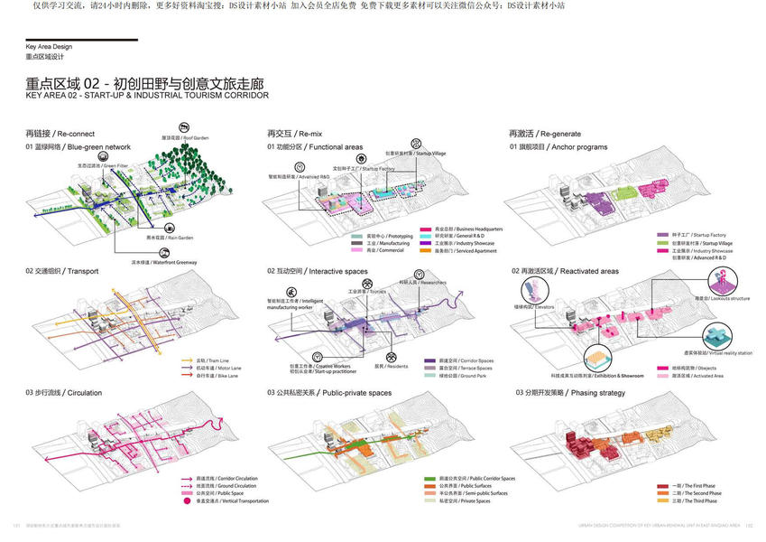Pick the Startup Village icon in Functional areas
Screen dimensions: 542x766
tap(415, 144)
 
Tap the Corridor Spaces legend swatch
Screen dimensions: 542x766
tap(429, 360)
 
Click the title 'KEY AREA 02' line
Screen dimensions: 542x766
tap(147, 95)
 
